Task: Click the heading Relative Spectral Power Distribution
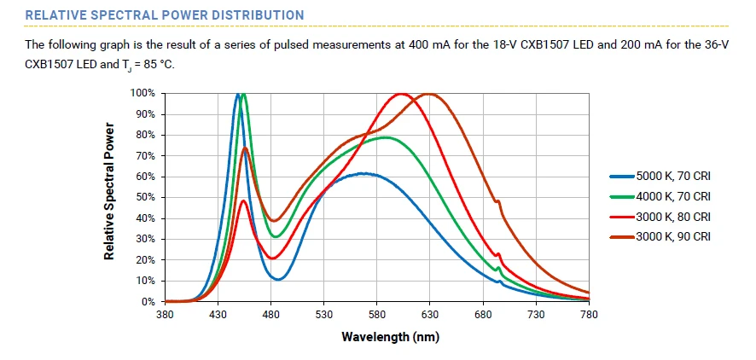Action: [x=164, y=15]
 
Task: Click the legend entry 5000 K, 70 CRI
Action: [x=673, y=176]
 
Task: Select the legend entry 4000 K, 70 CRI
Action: [x=673, y=196]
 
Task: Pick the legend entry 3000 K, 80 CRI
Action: [x=673, y=217]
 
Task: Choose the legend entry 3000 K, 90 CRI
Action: [x=673, y=236]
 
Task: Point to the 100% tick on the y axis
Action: [x=143, y=93]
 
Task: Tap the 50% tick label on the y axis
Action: [x=145, y=197]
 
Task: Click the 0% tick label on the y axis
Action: [x=148, y=302]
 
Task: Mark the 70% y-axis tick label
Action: [x=145, y=155]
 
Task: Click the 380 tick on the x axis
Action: [x=165, y=315]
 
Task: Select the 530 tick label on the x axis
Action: [x=323, y=315]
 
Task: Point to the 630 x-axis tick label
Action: [x=429, y=315]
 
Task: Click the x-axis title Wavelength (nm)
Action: [x=390, y=336]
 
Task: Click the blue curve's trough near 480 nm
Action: [x=278, y=279]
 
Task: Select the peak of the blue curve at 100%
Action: [x=238, y=94]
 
